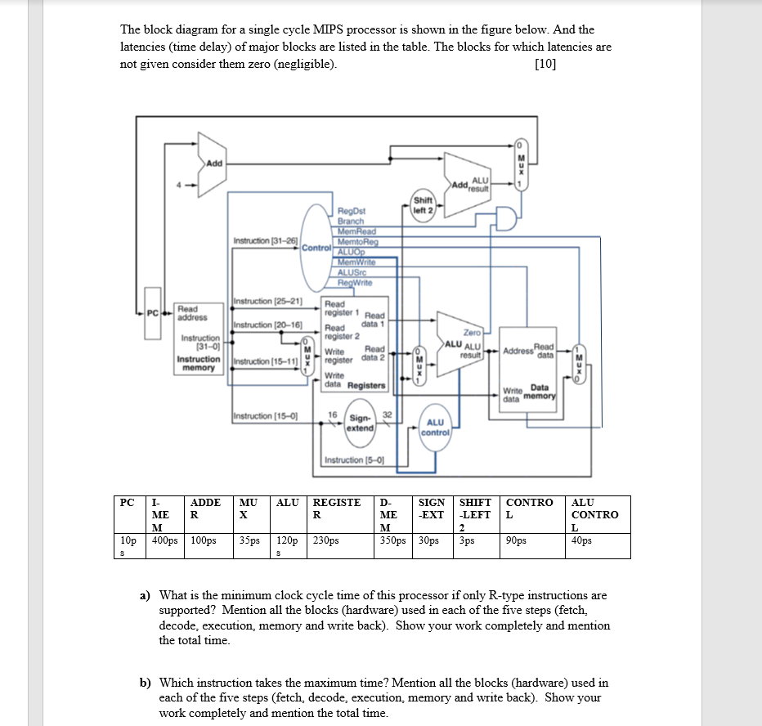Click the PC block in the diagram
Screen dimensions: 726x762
(x=151, y=311)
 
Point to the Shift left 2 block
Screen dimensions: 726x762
(x=424, y=204)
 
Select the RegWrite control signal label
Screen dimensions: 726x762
(x=355, y=283)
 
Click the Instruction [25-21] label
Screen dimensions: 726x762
(x=268, y=302)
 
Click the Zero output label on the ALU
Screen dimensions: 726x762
(x=472, y=333)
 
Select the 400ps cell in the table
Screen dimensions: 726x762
(x=165, y=540)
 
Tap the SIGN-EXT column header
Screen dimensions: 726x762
(x=432, y=509)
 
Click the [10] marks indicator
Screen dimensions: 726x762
(x=545, y=65)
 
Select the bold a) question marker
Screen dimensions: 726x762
(x=145, y=595)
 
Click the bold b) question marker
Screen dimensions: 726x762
(x=146, y=682)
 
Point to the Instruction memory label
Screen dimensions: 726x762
(x=199, y=364)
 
